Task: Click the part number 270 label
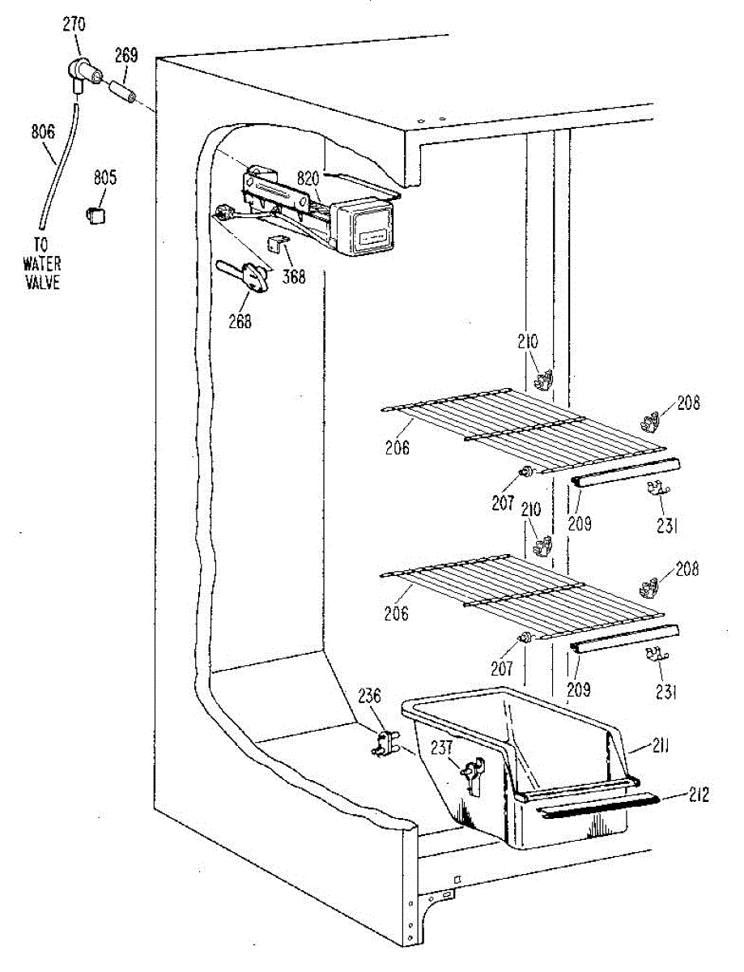(74, 26)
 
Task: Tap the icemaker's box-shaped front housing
(368, 228)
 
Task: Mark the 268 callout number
(240, 322)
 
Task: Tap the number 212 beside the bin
(698, 795)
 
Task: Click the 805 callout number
(104, 178)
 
